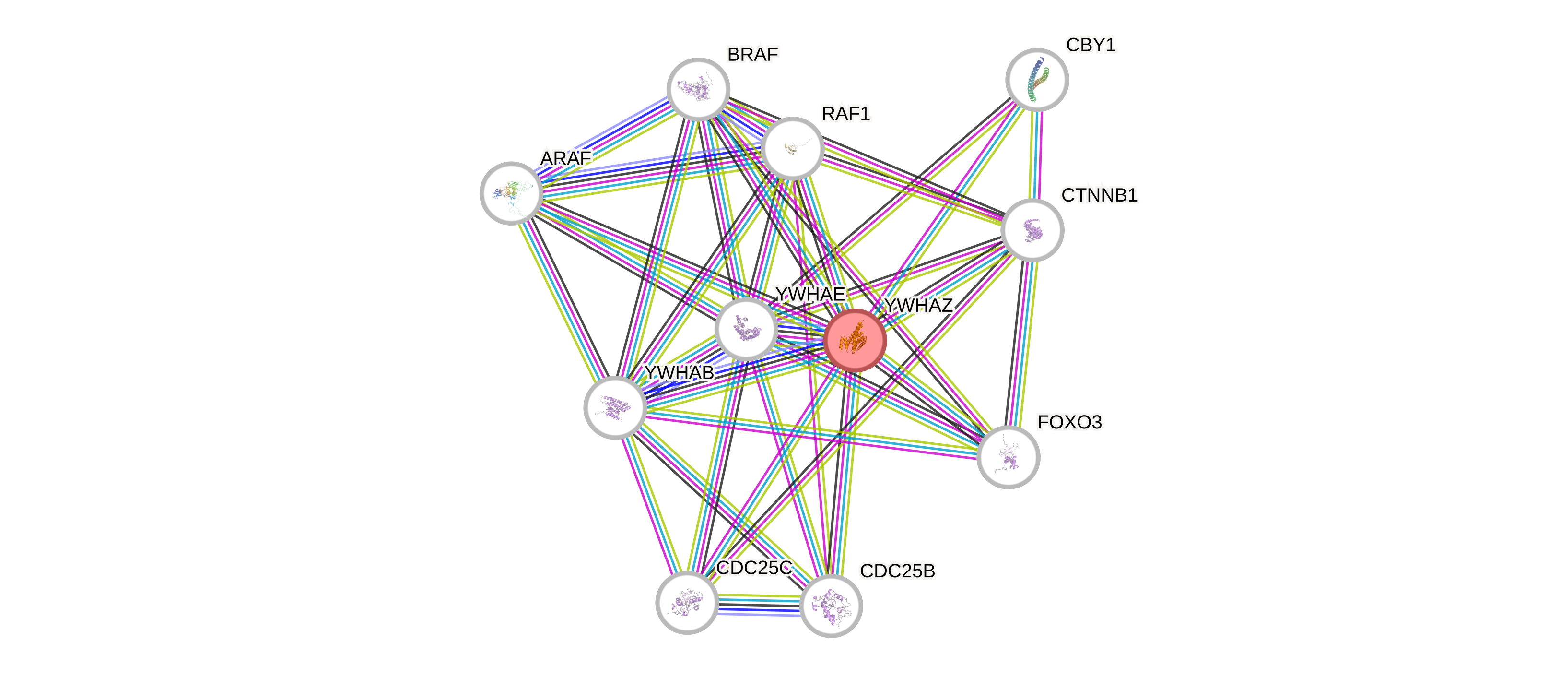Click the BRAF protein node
point(698,89)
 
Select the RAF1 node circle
point(792,148)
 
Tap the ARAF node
point(511,193)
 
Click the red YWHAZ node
point(855,340)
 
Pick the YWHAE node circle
point(746,329)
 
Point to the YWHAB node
point(615,407)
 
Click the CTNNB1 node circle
point(1032,230)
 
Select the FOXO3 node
point(1009,457)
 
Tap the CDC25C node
point(686,602)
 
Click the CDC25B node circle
point(831,605)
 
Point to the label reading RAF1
point(845,113)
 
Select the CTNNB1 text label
point(1099,195)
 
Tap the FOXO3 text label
point(1069,422)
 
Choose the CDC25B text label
point(897,571)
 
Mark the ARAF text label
point(565,158)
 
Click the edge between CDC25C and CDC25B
point(758,605)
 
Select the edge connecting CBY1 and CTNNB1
point(1035,155)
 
